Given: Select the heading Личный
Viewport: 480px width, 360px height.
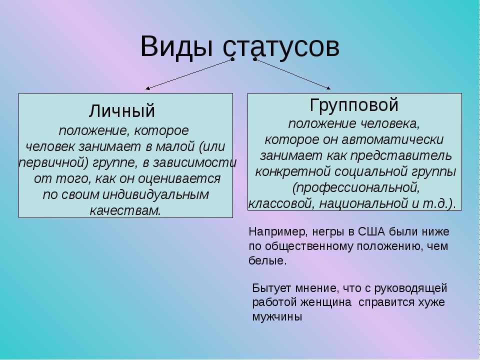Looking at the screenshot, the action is point(122,111).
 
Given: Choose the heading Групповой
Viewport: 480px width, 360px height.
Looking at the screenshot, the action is point(354,105).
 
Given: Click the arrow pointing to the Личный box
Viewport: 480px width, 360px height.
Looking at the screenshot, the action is point(189,74).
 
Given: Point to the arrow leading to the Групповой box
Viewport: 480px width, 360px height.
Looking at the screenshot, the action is point(292,74).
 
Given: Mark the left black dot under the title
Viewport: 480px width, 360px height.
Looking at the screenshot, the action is point(232,59).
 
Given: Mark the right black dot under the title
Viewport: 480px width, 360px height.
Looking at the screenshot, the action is point(255,59).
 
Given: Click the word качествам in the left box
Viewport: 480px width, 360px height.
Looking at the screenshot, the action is point(125,210).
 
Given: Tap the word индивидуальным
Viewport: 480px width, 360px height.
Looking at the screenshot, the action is point(156,194).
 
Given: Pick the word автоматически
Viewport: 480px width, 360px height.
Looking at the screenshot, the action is point(393,139).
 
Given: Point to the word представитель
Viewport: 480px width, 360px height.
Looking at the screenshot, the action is point(401,156).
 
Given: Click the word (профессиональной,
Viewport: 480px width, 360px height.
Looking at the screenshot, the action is point(356,187).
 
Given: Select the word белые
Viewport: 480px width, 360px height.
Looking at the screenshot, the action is point(268,261).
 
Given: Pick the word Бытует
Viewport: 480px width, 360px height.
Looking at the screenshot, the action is point(272,288).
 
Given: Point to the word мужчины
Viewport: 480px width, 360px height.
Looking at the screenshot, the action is point(277,317).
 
